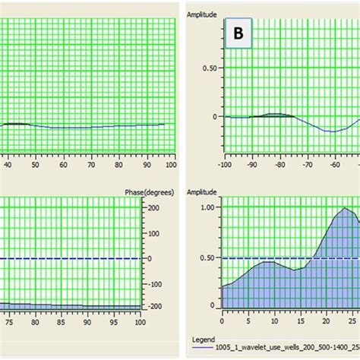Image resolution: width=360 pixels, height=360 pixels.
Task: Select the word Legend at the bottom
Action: click(204, 339)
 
